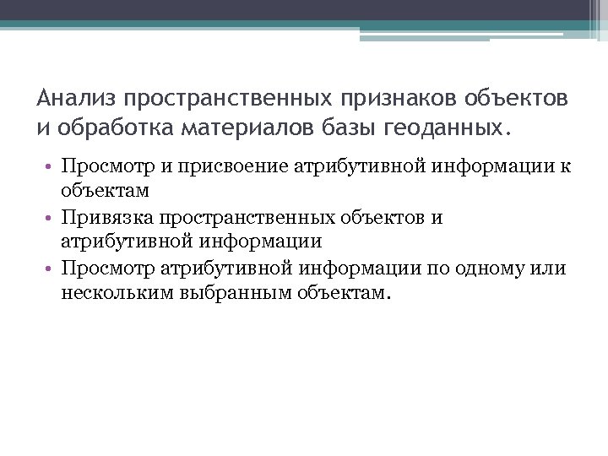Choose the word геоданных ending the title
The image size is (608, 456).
pos(446,128)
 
